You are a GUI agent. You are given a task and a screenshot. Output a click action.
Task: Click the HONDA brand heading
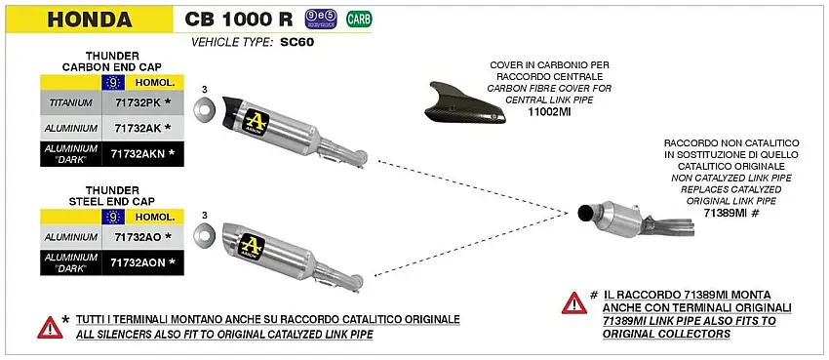click(x=91, y=19)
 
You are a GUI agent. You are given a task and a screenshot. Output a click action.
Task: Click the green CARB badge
click(x=359, y=18)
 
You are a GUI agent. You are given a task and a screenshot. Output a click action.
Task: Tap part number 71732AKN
click(x=142, y=153)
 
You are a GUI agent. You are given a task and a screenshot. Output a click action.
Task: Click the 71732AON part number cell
click(x=142, y=261)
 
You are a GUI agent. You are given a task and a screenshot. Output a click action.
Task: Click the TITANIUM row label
click(x=70, y=102)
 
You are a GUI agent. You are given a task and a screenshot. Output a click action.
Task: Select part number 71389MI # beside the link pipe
click(x=732, y=212)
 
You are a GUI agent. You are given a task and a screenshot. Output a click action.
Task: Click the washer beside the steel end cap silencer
click(x=205, y=233)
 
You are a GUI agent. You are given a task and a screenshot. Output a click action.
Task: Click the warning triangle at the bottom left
click(x=49, y=327)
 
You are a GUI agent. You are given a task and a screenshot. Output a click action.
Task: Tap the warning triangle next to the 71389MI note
click(x=573, y=301)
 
